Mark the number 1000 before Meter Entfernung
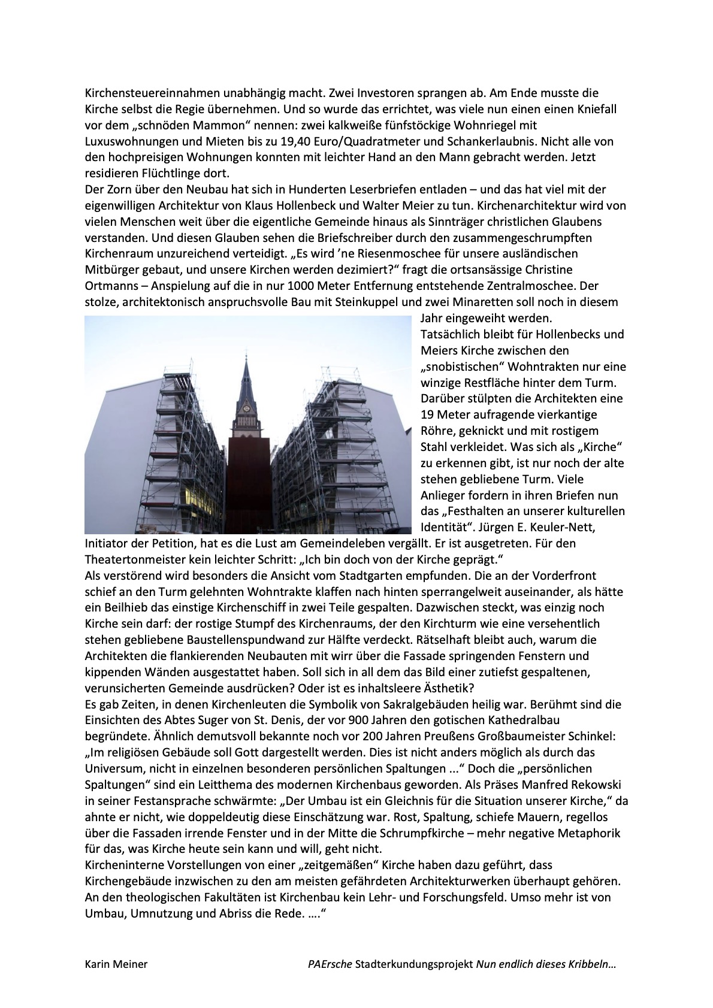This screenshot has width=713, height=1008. pos(301,286)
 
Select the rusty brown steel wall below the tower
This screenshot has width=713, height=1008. pos(246,485)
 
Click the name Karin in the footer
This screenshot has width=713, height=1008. pos(98,964)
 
